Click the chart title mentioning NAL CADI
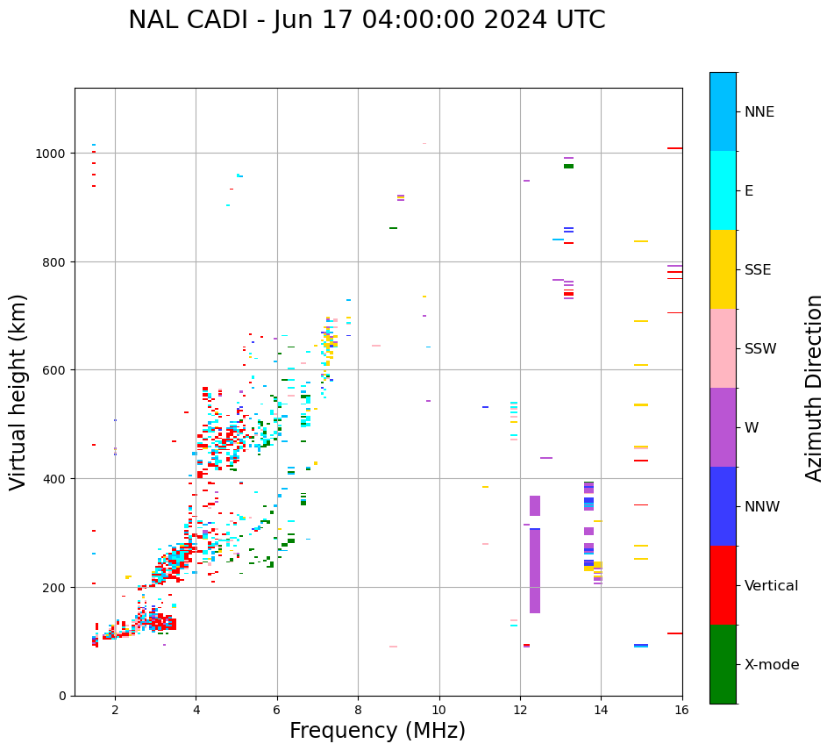(x=367, y=20)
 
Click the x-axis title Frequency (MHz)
(x=377, y=731)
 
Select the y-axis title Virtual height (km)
(x=18, y=391)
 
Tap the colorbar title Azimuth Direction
(x=815, y=387)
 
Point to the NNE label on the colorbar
(x=759, y=111)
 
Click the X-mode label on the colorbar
(x=772, y=664)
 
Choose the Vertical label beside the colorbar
(x=772, y=585)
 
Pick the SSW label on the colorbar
(x=760, y=348)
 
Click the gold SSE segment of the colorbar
(x=723, y=269)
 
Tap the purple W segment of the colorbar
(x=723, y=427)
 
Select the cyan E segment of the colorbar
(x=723, y=190)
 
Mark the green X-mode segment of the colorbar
(x=723, y=664)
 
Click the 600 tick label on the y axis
(x=56, y=370)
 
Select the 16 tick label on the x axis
(x=681, y=710)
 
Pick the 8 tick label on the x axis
(x=358, y=710)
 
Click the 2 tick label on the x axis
(x=115, y=710)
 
